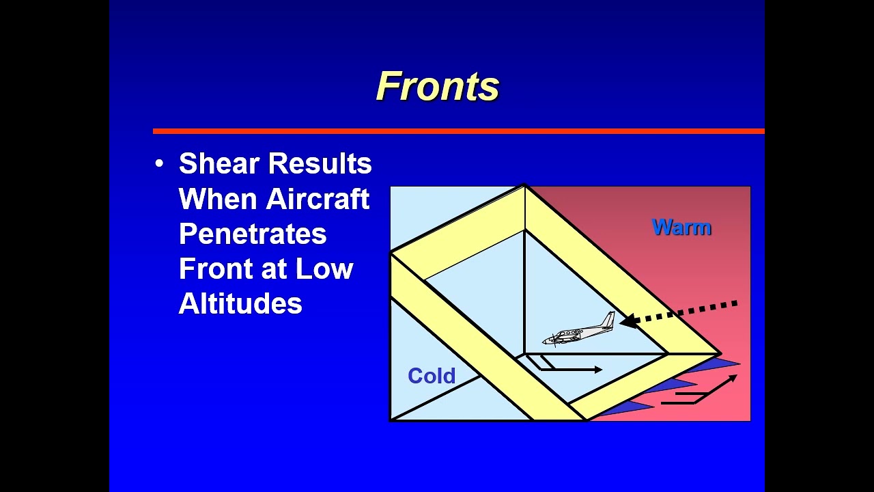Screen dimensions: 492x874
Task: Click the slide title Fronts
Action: click(438, 87)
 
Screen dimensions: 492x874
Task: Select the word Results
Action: click(320, 164)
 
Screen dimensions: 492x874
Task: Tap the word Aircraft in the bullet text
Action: click(318, 199)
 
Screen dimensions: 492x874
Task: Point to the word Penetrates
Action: click(253, 234)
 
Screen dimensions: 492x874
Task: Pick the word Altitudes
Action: click(240, 303)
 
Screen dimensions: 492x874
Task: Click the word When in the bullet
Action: click(218, 199)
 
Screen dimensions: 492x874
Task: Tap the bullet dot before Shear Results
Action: click(160, 164)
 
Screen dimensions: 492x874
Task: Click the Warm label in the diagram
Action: click(681, 227)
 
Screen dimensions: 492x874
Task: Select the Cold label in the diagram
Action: click(432, 376)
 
